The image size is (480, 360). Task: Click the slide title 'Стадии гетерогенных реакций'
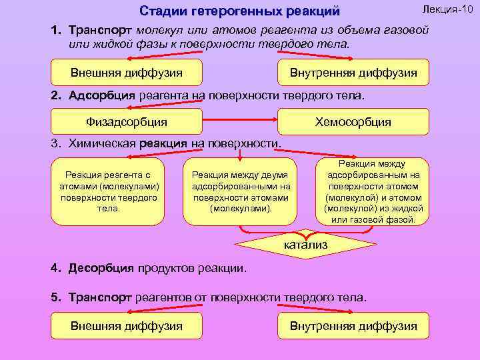pos(239,11)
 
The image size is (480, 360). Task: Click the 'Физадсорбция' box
pos(127,122)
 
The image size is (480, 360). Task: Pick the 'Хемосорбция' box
pos(353,122)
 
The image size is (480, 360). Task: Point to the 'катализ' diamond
pos(306,245)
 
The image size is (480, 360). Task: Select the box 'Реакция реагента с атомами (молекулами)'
pos(108,191)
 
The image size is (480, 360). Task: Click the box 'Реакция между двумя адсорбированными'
pos(240,191)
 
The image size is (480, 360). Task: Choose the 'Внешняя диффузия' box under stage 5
pos(127,326)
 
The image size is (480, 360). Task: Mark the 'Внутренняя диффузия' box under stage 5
pos(353,326)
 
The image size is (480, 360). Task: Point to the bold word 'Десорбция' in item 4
pos(102,269)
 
